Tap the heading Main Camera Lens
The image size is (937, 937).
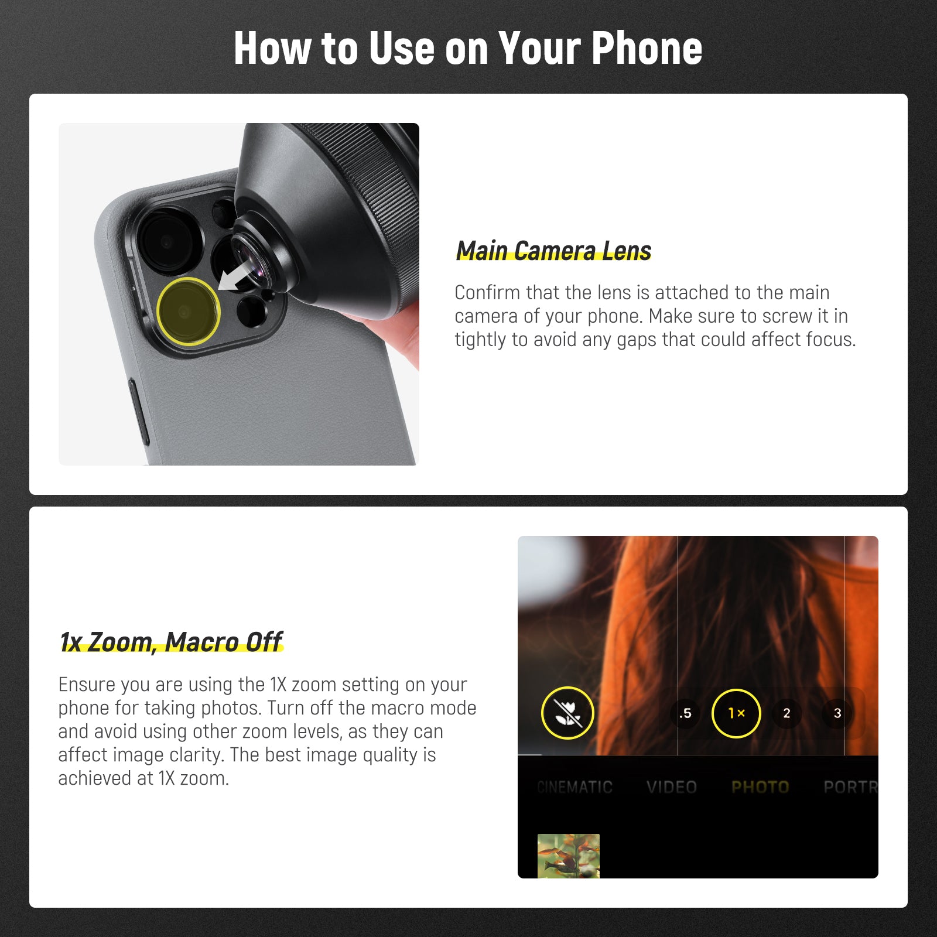coord(553,251)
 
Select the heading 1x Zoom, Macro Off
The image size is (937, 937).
coord(171,642)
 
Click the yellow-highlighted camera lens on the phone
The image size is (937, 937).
coord(188,311)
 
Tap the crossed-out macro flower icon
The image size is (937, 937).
coord(567,713)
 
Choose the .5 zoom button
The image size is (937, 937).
coord(685,713)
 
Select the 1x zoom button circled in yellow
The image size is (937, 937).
coord(736,713)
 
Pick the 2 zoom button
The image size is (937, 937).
coord(786,713)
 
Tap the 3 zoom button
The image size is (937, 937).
coord(837,713)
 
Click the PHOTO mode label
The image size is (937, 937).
coord(760,787)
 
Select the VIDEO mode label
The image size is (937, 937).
coord(672,787)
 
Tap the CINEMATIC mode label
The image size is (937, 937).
coord(574,787)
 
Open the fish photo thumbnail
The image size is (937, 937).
coord(568,856)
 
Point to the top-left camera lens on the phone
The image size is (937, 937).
coord(168,241)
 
